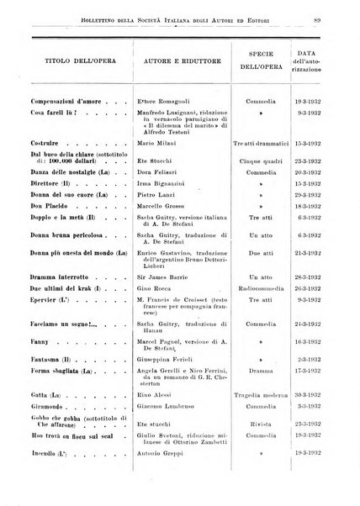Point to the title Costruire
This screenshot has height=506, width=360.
[43, 145]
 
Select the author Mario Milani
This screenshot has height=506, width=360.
[164, 145]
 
